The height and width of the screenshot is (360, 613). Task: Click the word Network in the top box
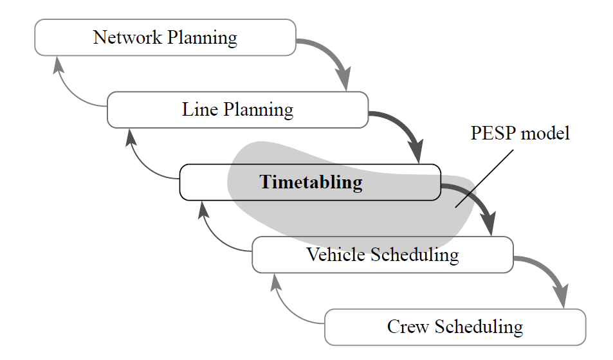tap(127, 37)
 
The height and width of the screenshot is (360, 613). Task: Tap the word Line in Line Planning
tap(200, 109)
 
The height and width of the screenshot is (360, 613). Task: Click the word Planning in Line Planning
tap(259, 111)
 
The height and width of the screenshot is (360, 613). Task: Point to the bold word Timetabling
tap(311, 183)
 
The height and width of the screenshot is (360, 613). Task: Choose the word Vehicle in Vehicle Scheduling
tap(335, 255)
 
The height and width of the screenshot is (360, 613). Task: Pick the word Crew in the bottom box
tap(408, 327)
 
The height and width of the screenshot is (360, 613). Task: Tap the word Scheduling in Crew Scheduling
tap(479, 328)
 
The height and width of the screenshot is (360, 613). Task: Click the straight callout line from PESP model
tap(484, 179)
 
